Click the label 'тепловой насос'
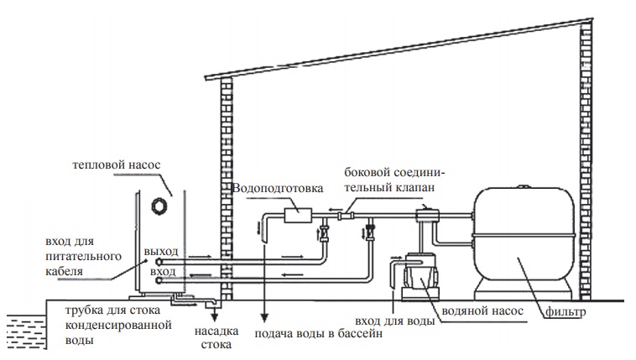[117, 165]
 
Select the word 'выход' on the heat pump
[161, 252]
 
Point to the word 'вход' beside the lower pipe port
[163, 271]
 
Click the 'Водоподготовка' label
[278, 188]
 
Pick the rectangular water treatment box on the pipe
[298, 215]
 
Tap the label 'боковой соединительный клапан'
[394, 180]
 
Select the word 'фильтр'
[566, 312]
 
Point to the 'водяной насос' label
[482, 311]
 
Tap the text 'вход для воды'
[394, 321]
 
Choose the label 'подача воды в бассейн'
[318, 334]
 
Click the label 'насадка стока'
[216, 337]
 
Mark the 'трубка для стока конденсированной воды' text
[118, 325]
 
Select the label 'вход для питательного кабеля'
[84, 257]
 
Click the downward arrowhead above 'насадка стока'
[214, 316]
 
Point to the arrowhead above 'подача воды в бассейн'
[264, 316]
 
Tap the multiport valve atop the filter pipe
[427, 214]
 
